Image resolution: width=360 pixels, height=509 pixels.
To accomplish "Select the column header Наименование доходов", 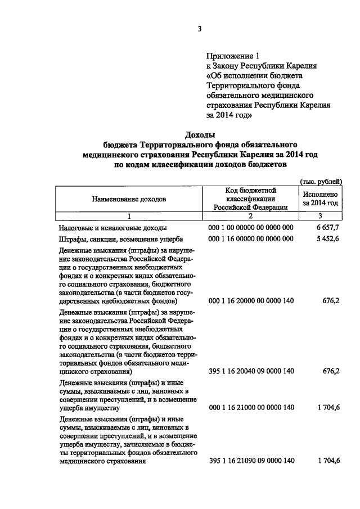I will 129,199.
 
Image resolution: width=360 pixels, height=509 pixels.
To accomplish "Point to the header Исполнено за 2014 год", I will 320,197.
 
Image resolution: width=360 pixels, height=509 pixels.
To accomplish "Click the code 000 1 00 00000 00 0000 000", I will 251,228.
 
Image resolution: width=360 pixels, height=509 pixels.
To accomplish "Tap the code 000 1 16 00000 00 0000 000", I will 251,239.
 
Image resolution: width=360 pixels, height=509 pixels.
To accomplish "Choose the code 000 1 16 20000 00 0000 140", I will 251,301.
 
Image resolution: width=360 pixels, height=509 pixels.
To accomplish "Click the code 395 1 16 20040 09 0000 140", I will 251,372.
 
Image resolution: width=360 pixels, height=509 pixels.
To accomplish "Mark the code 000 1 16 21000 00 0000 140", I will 251,407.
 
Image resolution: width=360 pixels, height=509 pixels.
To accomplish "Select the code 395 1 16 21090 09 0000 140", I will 251,461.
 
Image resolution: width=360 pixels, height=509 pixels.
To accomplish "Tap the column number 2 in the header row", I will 251,216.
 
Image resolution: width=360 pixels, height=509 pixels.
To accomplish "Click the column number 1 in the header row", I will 129,216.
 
